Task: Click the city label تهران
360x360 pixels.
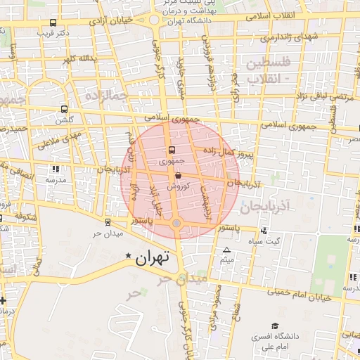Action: coord(153,258)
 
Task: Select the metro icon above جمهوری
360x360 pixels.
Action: coord(171,150)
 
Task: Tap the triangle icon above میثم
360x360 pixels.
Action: coord(226,250)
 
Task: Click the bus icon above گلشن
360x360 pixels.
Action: coord(65,110)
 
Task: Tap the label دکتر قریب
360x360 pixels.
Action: coord(53,32)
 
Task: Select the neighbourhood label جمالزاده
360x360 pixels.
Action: coord(105,94)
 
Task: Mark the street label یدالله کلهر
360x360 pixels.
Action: coord(77,58)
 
